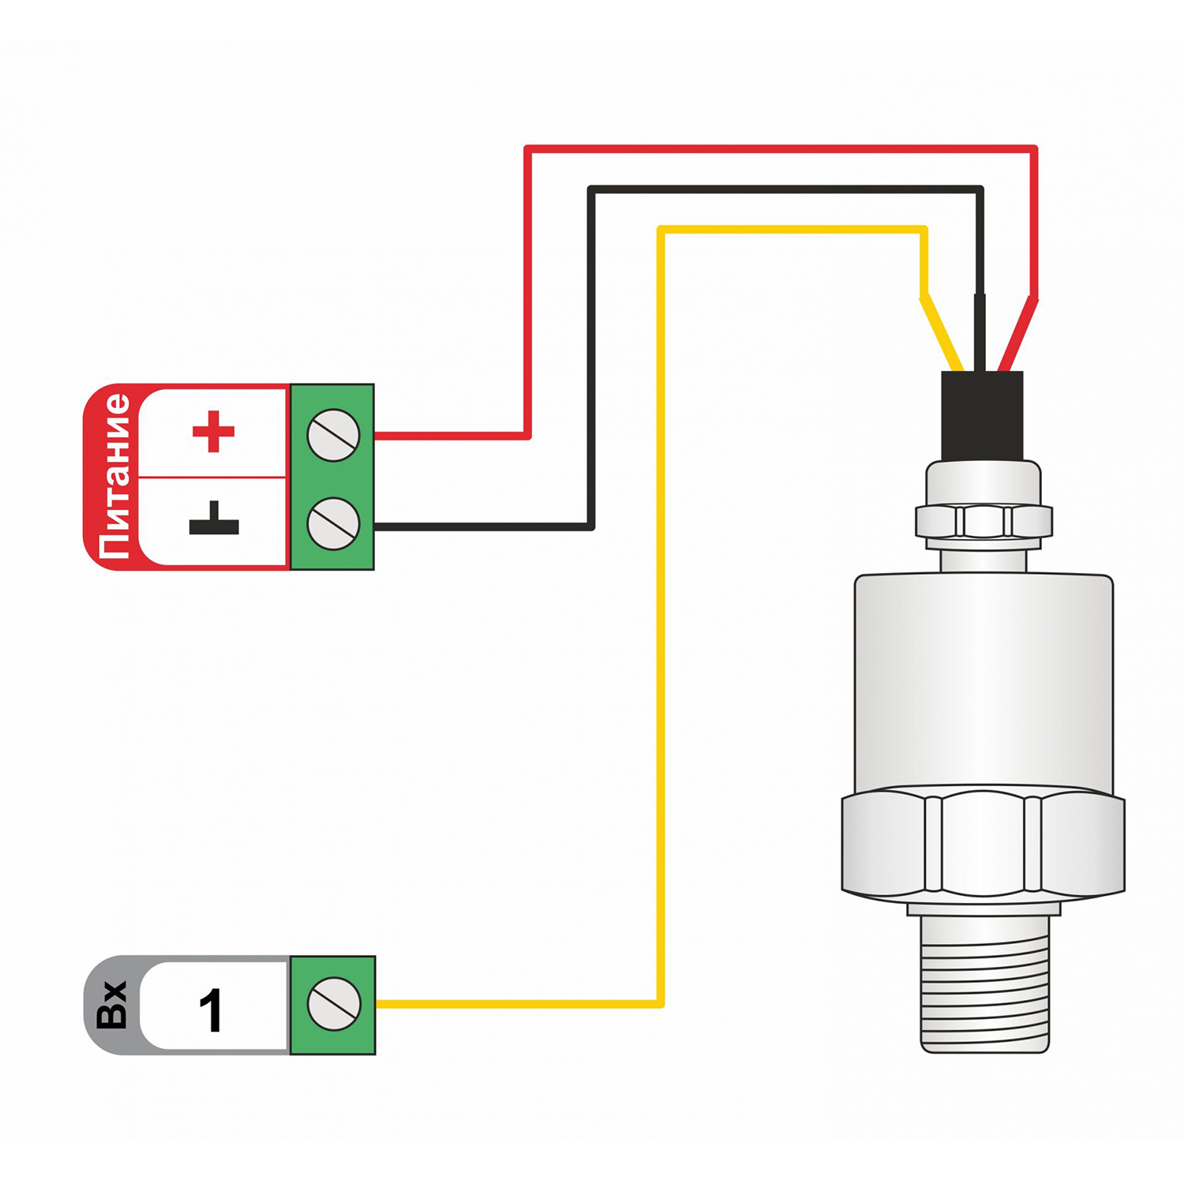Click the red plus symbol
tap(213, 432)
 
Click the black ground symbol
tap(213, 519)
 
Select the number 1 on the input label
tap(211, 1010)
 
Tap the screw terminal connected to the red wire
tap(333, 435)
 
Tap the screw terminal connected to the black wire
tap(333, 523)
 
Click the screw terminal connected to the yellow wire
tap(333, 1004)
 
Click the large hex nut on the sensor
tap(984, 844)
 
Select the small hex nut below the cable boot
tap(984, 521)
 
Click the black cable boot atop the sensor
tap(982, 415)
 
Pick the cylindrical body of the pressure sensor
tap(984, 684)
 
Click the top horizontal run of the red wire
tap(781, 148)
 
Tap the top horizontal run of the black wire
tap(786, 189)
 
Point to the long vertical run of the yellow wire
tap(661, 616)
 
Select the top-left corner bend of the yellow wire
tap(661, 230)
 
